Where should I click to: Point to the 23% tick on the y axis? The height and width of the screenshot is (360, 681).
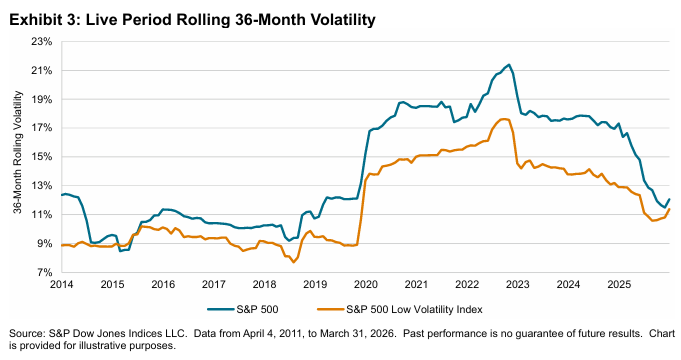42,42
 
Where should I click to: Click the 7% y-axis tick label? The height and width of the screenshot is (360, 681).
45,272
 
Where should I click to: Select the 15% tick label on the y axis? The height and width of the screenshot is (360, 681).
42,157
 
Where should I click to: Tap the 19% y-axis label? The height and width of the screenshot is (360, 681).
42,100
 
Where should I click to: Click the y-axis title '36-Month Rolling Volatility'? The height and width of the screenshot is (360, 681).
18,157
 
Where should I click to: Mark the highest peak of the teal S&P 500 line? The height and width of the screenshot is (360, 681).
510,65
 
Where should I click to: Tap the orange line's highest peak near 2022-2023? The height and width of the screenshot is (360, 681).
505,119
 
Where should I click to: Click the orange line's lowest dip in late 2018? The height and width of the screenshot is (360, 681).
294,261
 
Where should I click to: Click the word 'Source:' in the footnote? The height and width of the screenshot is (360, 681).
25,332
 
